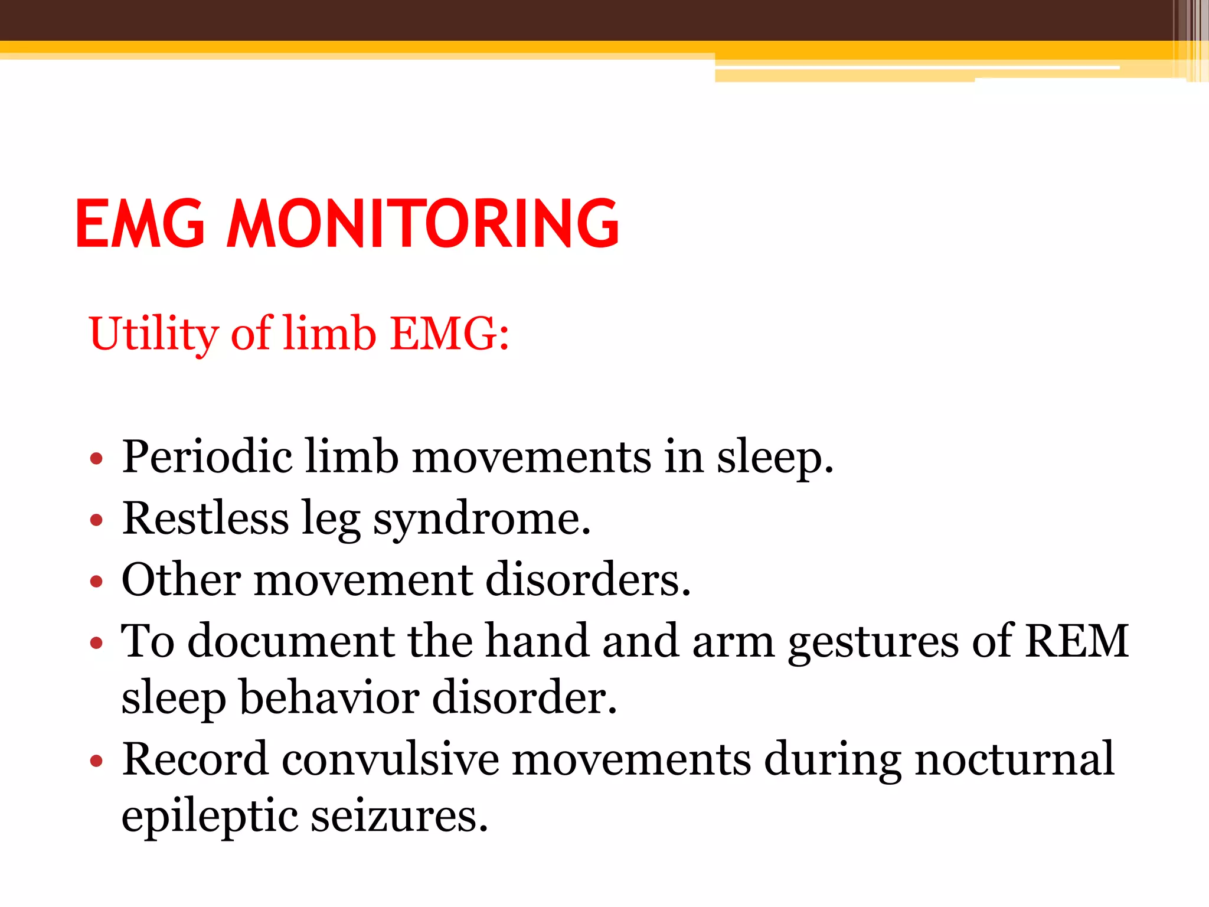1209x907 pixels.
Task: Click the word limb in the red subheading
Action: pyautogui.click(x=329, y=333)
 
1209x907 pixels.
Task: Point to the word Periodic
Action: pyautogui.click(x=207, y=456)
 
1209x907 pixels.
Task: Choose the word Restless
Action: pyautogui.click(x=205, y=518)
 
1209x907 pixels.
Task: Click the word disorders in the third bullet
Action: pyautogui.click(x=587, y=579)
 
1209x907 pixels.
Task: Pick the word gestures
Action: pyautogui.click(x=873, y=642)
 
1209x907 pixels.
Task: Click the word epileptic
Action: pyautogui.click(x=210, y=817)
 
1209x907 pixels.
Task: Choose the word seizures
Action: pyautogui.click(x=399, y=815)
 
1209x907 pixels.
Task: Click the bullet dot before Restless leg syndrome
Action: pyautogui.click(x=96, y=520)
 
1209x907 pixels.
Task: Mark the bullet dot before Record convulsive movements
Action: pyautogui.click(x=96, y=761)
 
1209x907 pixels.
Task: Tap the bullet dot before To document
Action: pyautogui.click(x=96, y=642)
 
